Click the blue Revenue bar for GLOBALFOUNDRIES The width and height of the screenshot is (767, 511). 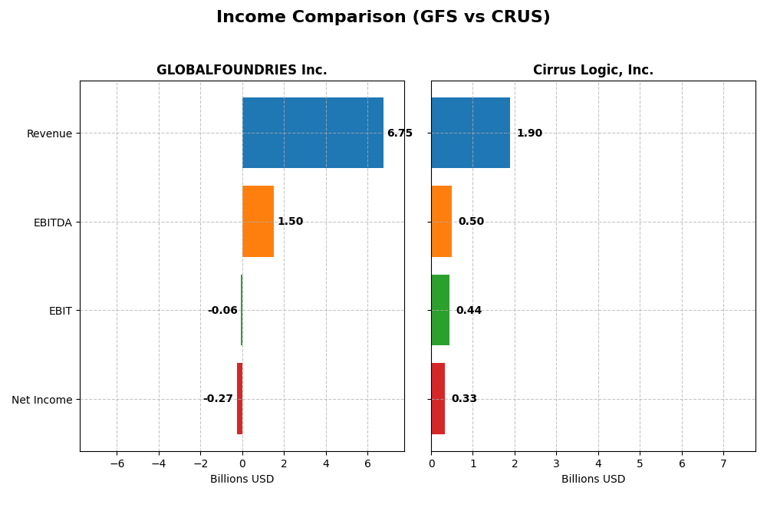coord(312,133)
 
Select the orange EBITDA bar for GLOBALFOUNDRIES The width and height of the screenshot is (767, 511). coord(258,221)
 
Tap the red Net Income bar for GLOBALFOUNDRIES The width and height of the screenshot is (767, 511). coord(239,398)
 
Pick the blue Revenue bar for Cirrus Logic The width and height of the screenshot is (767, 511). coord(470,133)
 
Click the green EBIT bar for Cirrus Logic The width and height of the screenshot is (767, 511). coord(440,310)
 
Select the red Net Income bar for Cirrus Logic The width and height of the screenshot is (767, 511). coord(438,398)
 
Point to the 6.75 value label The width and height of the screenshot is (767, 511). coord(400,134)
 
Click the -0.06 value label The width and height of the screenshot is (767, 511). coord(222,311)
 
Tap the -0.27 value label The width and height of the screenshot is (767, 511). coord(218,399)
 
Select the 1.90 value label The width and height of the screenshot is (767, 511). coord(529,134)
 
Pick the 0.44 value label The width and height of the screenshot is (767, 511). coord(469,311)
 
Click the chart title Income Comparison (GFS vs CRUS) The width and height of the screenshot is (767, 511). coord(383,17)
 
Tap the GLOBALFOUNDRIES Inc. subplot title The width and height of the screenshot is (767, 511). coord(242,70)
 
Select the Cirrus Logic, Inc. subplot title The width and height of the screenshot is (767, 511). coord(593,70)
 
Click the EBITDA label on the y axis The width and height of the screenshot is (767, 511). coord(52,223)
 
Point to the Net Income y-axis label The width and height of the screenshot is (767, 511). coord(41,400)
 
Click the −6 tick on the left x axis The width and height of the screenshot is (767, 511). coord(117,463)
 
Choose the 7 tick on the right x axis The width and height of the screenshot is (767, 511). coord(723,463)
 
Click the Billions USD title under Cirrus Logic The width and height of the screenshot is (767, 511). coord(593,479)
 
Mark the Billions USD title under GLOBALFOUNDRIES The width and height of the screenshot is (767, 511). coord(242,479)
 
